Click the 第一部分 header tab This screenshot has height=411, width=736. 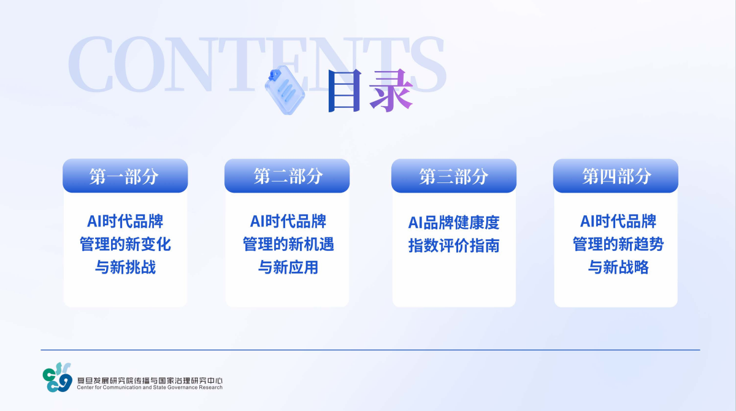125,176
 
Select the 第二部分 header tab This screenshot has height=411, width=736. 287,176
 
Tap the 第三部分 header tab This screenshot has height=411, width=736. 454,176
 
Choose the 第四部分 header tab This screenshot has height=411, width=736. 616,176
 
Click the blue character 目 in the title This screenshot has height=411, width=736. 345,91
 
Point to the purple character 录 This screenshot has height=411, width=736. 391,91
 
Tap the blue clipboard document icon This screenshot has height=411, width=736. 285,90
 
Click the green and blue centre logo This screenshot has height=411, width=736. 57,377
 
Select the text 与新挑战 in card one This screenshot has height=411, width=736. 125,267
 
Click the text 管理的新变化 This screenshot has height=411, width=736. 125,244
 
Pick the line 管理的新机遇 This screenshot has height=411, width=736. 288,244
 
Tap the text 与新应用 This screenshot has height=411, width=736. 288,267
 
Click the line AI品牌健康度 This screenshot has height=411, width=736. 454,223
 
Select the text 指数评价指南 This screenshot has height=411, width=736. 454,245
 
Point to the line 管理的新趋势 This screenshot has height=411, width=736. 618,244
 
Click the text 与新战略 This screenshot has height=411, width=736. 618,267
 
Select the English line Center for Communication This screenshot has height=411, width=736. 150,387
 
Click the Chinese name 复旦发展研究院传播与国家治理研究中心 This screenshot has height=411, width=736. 150,380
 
